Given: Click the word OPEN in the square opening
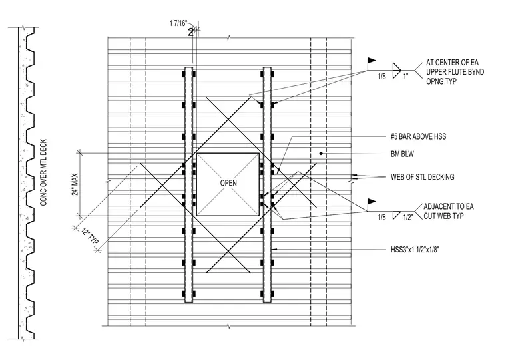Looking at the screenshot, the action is (228, 183).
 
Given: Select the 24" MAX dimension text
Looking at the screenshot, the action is (75, 184).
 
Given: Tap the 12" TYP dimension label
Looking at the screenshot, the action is (90, 237).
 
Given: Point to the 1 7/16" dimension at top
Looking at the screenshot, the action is (178, 23).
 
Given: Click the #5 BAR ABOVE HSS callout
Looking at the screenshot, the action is (418, 136).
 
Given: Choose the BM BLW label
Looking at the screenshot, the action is (402, 154).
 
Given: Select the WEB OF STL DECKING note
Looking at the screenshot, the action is (422, 177).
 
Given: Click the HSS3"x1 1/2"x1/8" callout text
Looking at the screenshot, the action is (415, 250).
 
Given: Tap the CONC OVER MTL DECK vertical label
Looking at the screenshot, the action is (43, 172).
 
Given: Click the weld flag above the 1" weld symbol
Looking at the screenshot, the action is (371, 61).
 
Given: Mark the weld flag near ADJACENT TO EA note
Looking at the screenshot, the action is (371, 202).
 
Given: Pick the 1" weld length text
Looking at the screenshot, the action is (405, 77).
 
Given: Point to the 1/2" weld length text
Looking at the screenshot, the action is (408, 217).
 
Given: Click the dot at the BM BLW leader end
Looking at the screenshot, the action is (321, 154).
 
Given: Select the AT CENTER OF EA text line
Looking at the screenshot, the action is (453, 62).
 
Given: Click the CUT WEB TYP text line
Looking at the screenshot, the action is (443, 216).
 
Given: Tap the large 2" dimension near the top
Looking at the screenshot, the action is (191, 32).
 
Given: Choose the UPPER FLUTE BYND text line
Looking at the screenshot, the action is (455, 71).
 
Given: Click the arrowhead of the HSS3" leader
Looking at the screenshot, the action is (274, 250).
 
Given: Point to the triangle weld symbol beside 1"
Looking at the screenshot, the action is (396, 71).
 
